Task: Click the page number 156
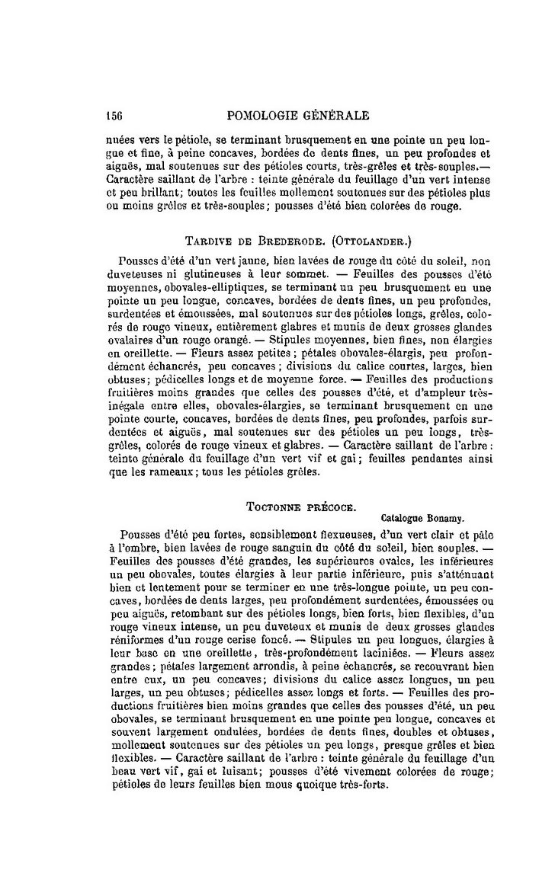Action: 114,116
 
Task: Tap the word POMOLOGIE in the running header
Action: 261,116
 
